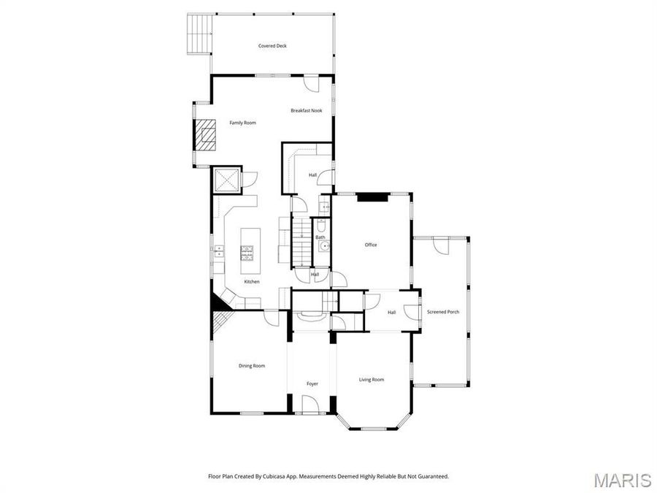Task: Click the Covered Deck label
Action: (x=272, y=46)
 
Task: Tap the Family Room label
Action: (x=242, y=123)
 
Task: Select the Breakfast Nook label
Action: (x=306, y=110)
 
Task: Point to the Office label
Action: (x=371, y=245)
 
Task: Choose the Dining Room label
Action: (x=252, y=365)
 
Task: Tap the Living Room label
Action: (x=371, y=379)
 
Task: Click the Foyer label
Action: (x=312, y=383)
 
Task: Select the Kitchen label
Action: (x=252, y=281)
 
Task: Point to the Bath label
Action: (x=320, y=237)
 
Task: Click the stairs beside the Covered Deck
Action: (x=199, y=34)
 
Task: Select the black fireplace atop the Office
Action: (x=373, y=196)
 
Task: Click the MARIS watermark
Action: (x=623, y=480)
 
